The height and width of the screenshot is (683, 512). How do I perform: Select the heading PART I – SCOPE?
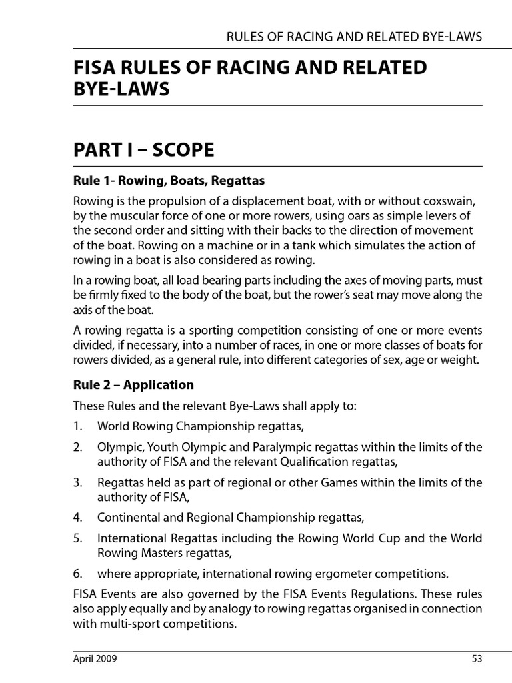pyautogui.click(x=144, y=150)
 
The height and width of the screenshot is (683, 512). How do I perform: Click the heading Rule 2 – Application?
pyautogui.click(x=133, y=385)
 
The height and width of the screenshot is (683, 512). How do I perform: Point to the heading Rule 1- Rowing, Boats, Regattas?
pyautogui.click(x=169, y=181)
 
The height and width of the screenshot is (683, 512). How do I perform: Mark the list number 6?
pyautogui.click(x=78, y=573)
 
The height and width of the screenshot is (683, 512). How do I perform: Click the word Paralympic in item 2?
pyautogui.click(x=277, y=446)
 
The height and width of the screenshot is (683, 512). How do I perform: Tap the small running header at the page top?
pyautogui.click(x=354, y=37)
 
